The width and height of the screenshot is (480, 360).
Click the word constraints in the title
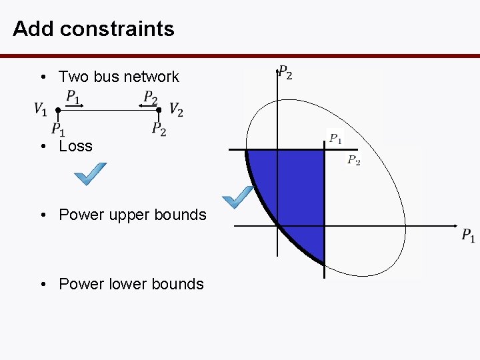117,29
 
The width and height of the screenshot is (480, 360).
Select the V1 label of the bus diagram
41,109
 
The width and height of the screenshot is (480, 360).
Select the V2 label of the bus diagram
176,109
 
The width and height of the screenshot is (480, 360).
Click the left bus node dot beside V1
58,109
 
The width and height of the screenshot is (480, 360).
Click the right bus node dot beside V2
159,109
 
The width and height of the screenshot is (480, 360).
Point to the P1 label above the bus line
73,97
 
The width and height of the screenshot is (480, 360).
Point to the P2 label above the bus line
151,97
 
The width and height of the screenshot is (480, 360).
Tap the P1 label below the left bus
58,129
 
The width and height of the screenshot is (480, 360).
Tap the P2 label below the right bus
159,129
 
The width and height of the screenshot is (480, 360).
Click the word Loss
75,146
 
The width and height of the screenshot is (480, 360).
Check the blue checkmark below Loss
90,174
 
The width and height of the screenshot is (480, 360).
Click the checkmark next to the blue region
237,196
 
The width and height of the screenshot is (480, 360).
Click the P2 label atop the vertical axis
285,72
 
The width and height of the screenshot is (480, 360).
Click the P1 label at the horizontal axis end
468,235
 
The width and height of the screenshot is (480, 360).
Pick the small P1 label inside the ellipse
335,139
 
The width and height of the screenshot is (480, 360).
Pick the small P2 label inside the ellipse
353,160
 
